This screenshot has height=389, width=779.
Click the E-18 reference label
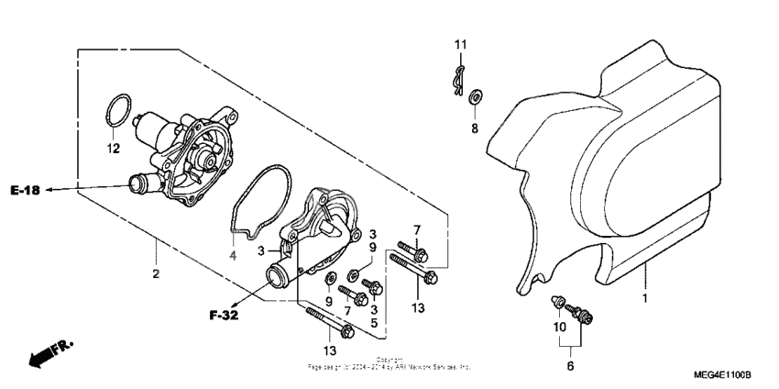pos(26,191)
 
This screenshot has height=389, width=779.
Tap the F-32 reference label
pos(223,317)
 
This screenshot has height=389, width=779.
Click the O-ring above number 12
pos(115,113)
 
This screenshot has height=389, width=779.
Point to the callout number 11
pos(461,44)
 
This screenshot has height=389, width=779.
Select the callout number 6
pos(569,366)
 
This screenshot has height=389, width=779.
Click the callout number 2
pos(156,274)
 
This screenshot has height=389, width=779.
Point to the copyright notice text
pos(389,363)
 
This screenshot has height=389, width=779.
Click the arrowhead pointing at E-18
pos(49,190)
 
